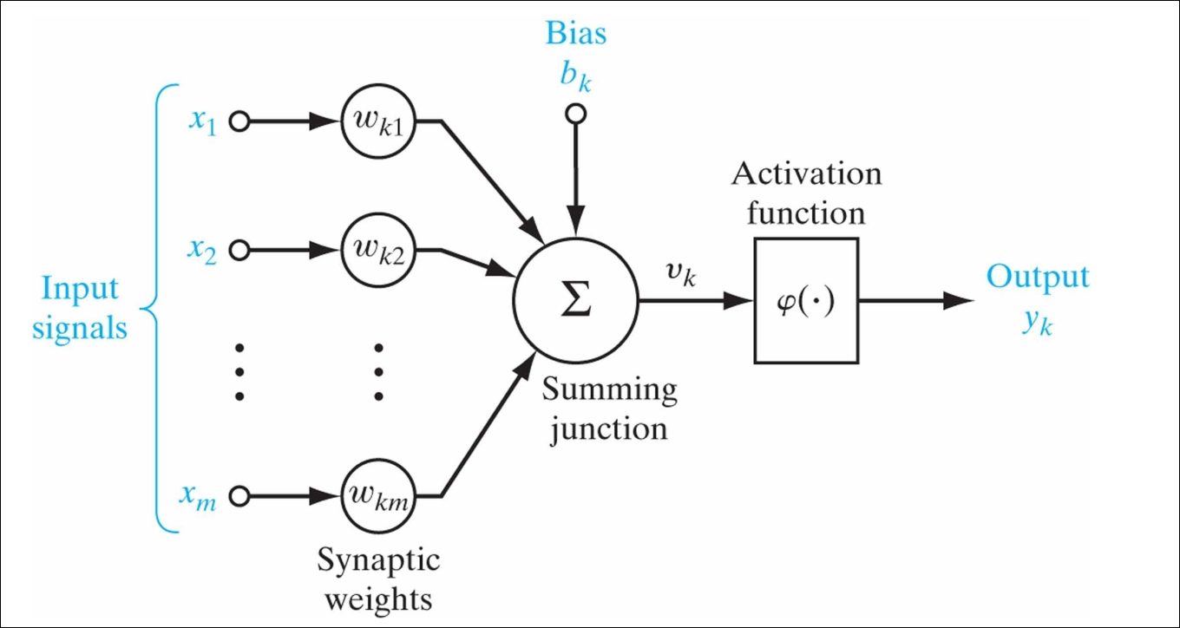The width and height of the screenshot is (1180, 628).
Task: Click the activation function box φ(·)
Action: click(805, 300)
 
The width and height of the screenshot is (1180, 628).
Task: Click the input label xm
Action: click(200, 497)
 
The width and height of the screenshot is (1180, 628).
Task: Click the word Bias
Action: click(575, 35)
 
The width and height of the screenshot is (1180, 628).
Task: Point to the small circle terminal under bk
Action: click(575, 113)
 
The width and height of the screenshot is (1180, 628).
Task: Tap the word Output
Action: click(1037, 278)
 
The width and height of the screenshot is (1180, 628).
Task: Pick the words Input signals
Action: click(80, 309)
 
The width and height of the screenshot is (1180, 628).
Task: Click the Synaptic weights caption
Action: click(377, 579)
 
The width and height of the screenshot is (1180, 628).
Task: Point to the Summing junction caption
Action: click(609, 409)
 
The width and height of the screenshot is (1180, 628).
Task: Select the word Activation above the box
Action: click(806, 174)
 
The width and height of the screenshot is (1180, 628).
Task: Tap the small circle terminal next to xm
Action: click(239, 497)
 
